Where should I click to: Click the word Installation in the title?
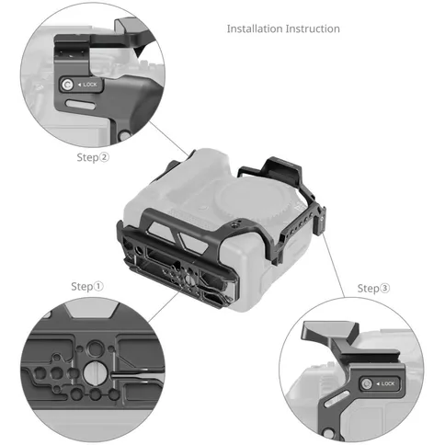point(255,29)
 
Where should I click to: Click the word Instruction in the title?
point(313,29)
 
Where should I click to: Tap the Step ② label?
point(93,157)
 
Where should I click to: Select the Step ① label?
point(87,287)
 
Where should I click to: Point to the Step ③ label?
point(373,289)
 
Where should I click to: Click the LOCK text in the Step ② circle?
point(90,85)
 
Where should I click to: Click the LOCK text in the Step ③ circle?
point(388,383)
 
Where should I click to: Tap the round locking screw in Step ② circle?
point(67,85)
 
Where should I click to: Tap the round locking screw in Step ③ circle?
point(366,383)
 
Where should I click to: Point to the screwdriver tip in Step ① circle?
point(112,374)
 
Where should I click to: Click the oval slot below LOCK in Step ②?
point(80,105)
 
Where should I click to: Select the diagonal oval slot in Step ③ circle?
point(337,400)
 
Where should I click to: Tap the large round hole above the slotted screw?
point(95,348)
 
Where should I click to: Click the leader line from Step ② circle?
point(169,139)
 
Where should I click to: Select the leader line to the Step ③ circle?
point(333,266)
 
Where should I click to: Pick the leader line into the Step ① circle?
point(164,306)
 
